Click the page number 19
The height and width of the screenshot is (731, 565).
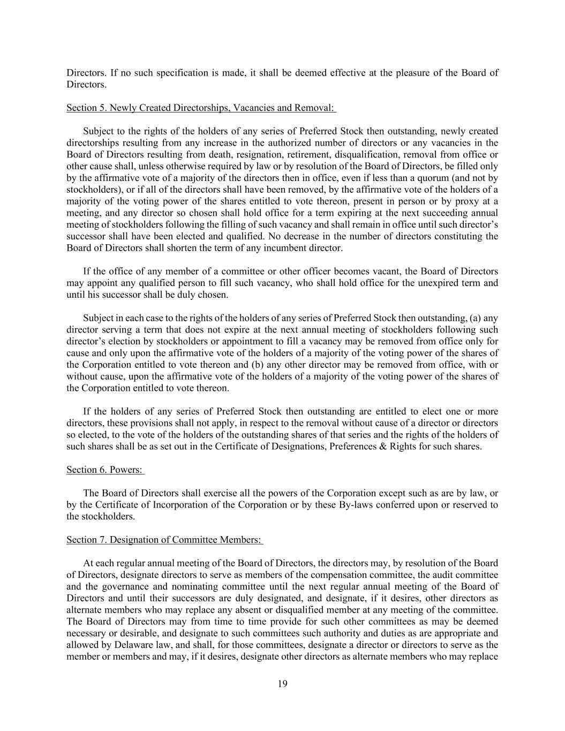tap(283, 683)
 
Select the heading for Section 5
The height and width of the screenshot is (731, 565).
tap(200, 108)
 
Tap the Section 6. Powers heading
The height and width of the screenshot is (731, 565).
tap(105, 470)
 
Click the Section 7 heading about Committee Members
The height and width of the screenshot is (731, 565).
tap(164, 540)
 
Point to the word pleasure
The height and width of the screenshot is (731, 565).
tap(412, 73)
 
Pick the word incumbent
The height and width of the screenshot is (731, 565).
tap(284, 248)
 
